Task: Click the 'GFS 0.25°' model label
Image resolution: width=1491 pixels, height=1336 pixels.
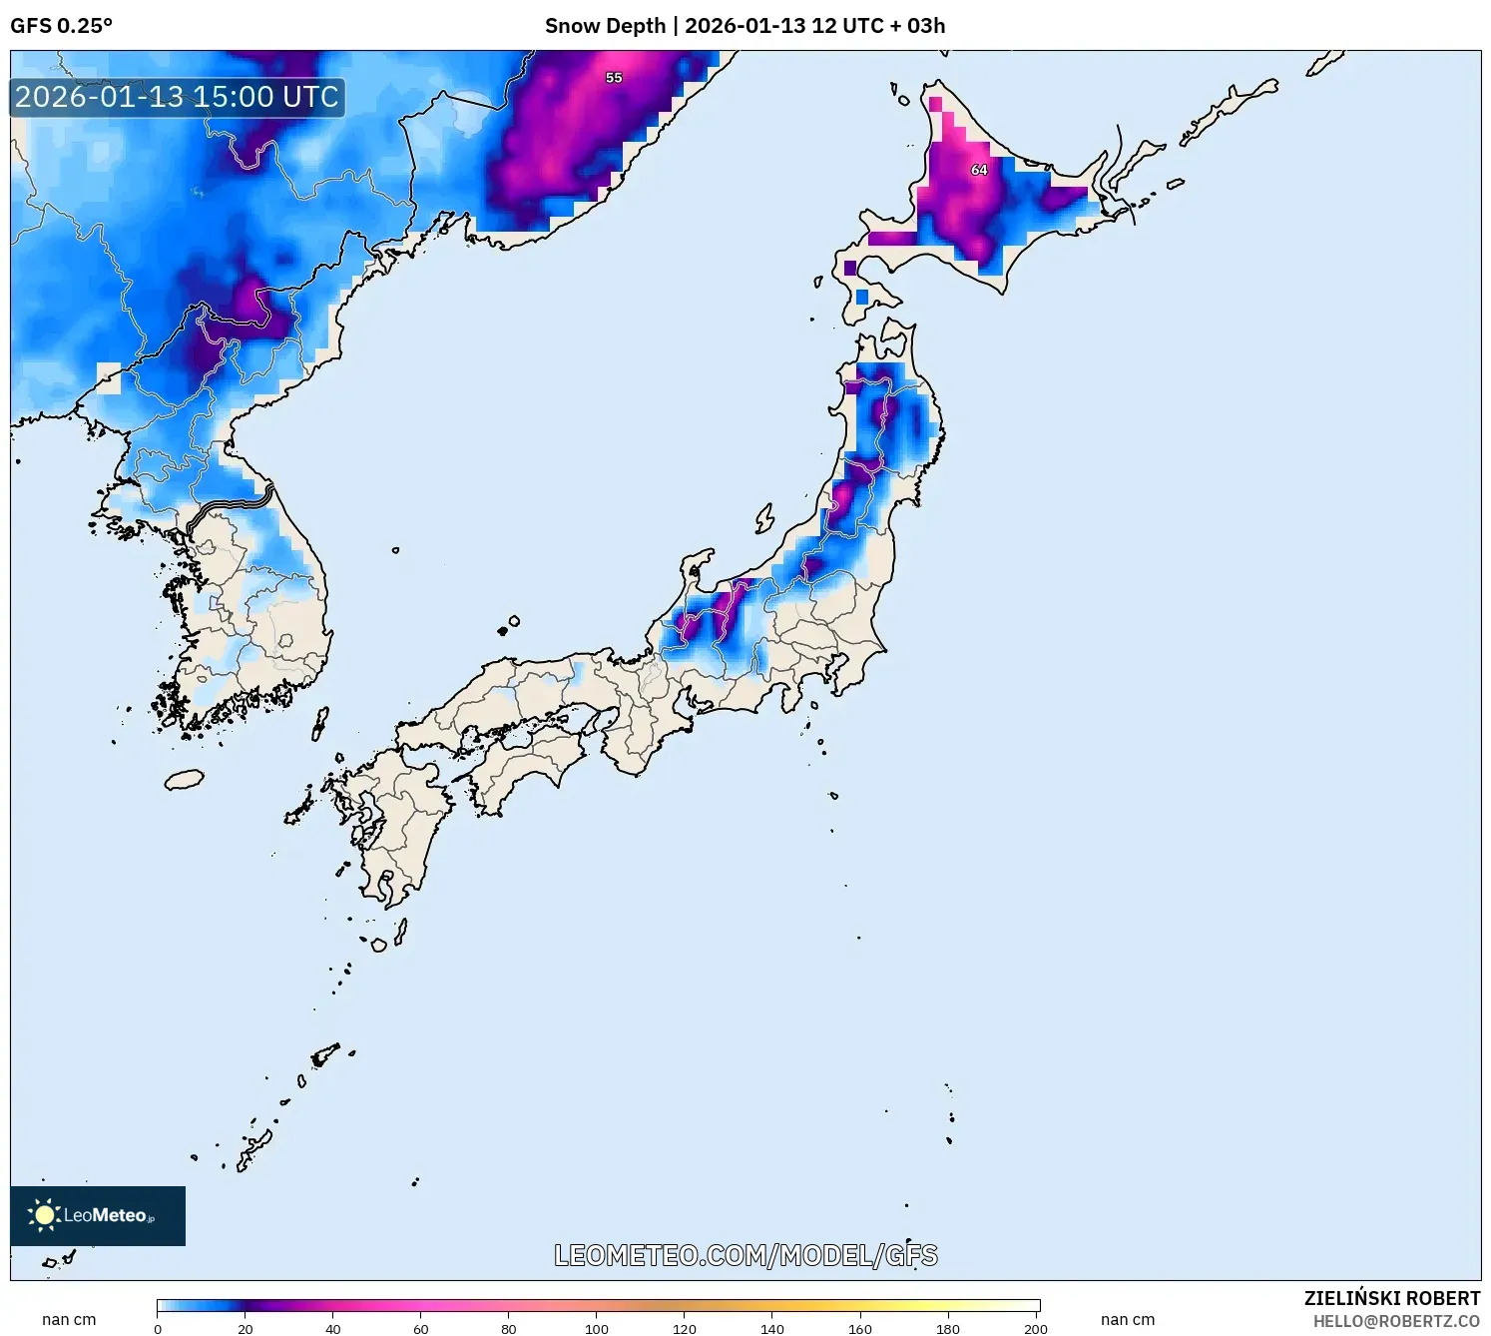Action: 61,26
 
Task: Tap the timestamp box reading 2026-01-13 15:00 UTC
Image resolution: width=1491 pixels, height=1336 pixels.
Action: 178,97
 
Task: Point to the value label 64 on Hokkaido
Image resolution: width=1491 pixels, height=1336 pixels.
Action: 979,170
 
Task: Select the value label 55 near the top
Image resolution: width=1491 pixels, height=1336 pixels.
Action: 614,78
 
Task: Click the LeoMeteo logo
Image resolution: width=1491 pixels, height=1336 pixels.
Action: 97,1215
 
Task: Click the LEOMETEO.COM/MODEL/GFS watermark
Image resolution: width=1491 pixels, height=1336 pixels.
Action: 745,1255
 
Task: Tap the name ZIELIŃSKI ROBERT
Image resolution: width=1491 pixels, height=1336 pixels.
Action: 1391,1298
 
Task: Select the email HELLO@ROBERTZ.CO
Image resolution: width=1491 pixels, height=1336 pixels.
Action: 1396,1321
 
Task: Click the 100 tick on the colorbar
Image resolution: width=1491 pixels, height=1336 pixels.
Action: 597,1328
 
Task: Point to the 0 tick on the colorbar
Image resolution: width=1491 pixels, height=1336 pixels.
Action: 158,1328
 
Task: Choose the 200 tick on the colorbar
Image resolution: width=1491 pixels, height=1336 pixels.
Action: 1035,1328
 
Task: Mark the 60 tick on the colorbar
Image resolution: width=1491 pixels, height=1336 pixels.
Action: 421,1328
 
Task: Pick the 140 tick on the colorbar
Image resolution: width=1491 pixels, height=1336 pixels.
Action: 772,1328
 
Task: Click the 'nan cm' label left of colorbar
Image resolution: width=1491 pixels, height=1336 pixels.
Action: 69,1319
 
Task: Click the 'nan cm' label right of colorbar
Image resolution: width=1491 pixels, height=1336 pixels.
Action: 1127,1319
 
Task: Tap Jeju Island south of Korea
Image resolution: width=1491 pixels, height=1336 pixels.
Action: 184,779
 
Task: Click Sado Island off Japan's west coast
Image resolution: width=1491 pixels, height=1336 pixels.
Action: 764,518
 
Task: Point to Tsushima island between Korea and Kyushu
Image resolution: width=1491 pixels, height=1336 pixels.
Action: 320,722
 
